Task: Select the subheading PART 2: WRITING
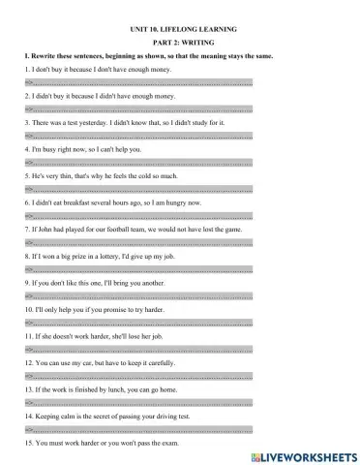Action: [180, 46]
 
